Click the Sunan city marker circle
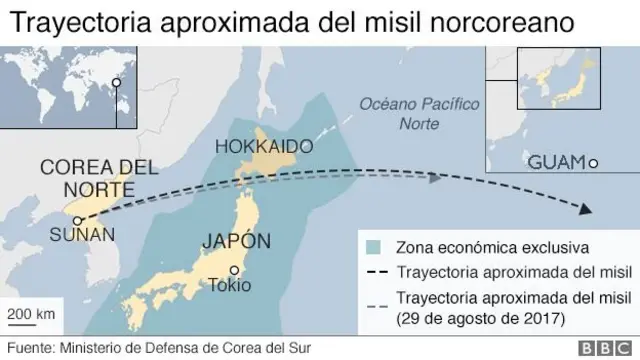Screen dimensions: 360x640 pyautogui.click(x=77, y=221)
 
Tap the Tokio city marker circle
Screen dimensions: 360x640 pyautogui.click(x=234, y=269)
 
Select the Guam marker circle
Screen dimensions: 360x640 pyautogui.click(x=593, y=163)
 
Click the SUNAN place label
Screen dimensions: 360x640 pyautogui.click(x=82, y=236)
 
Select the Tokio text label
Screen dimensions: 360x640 pyautogui.click(x=235, y=284)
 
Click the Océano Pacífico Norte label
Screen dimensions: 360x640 pyautogui.click(x=405, y=114)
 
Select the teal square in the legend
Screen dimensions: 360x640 pyautogui.click(x=373, y=247)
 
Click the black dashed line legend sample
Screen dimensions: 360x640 pyautogui.click(x=375, y=273)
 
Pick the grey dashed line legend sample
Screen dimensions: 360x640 pyautogui.click(x=375, y=299)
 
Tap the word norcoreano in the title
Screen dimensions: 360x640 pyautogui.click(x=507, y=21)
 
